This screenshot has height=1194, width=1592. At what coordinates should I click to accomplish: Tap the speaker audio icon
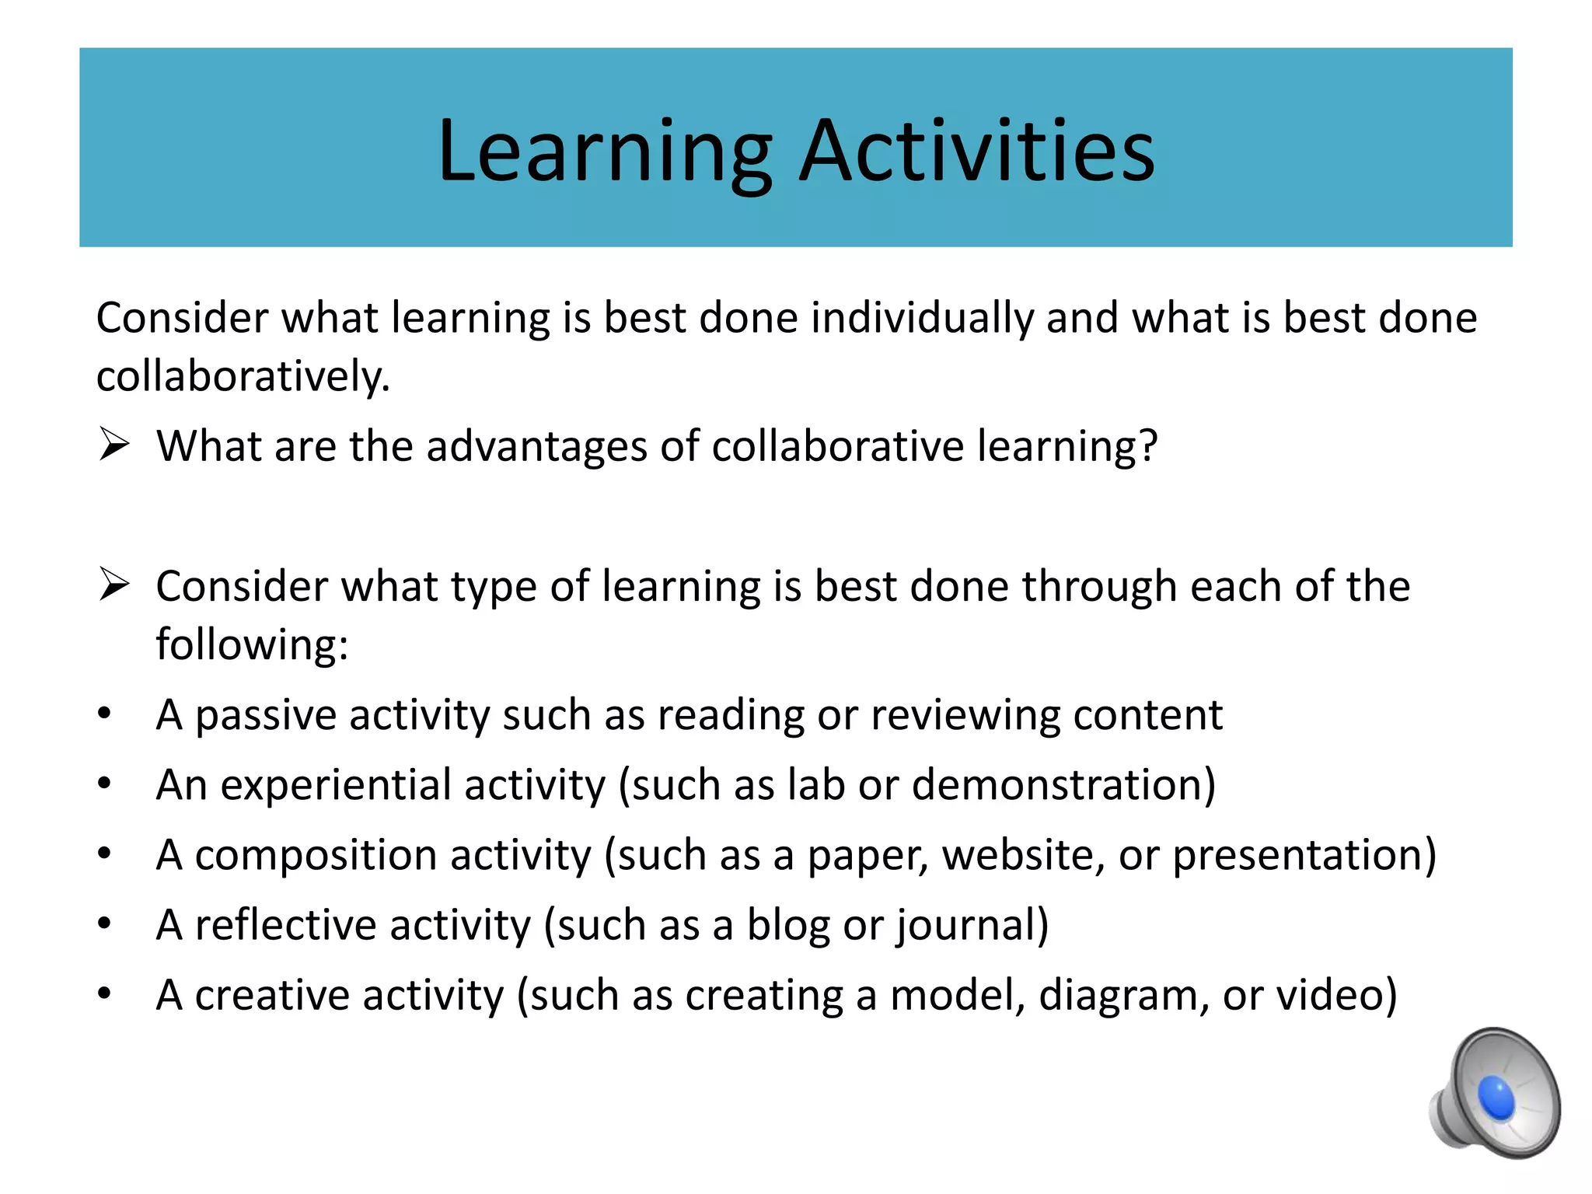(x=1495, y=1092)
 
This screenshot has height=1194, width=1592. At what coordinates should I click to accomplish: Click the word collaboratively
(x=243, y=377)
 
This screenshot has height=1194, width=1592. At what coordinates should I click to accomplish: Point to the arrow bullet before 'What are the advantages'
(x=113, y=445)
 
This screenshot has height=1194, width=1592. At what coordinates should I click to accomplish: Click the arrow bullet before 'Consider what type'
(x=113, y=585)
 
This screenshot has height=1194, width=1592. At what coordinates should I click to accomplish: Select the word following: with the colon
(x=252, y=644)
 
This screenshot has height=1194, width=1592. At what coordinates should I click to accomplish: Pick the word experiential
(x=334, y=785)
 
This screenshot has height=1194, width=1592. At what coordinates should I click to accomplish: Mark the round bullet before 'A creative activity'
(x=105, y=994)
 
